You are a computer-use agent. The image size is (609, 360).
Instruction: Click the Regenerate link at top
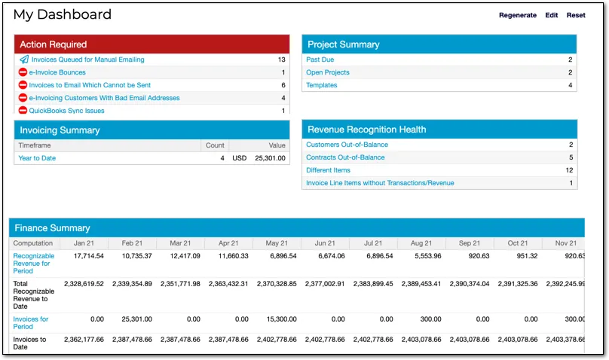[x=517, y=15]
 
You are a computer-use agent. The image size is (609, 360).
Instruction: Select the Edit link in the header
[x=552, y=15]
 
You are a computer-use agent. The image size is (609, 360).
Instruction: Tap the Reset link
[x=576, y=15]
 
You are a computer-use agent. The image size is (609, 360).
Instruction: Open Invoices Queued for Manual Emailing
[x=87, y=59]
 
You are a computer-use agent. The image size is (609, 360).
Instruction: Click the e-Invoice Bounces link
[x=57, y=72]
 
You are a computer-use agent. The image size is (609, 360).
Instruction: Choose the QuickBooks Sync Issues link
[x=66, y=111]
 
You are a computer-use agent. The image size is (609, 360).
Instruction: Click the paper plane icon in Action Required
[x=23, y=59]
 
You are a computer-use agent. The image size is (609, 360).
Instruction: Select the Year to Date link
[x=37, y=158]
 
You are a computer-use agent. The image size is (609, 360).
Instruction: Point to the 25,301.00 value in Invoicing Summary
[x=270, y=158]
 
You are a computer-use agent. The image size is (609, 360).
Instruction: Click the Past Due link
[x=320, y=59]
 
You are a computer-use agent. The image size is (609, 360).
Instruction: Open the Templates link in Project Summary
[x=321, y=85]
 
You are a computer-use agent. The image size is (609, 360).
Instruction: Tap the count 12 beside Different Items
[x=569, y=170]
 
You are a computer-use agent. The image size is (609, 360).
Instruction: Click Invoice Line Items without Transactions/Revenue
[x=380, y=183]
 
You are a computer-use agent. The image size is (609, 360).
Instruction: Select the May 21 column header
[x=277, y=243]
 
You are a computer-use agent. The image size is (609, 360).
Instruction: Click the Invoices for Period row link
[x=30, y=323]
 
